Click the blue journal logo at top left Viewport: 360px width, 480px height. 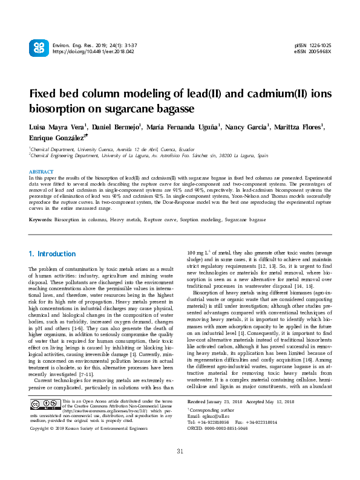38,48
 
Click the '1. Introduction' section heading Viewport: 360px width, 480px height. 53,254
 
